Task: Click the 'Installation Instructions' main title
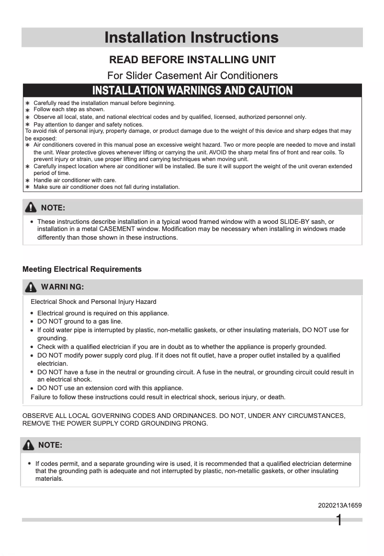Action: [192, 37]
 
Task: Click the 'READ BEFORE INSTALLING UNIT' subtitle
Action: [192, 60]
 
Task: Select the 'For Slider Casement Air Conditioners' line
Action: [192, 75]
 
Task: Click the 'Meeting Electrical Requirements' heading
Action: [82, 269]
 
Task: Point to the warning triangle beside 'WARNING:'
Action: [31, 287]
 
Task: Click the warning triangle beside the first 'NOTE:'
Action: [31, 208]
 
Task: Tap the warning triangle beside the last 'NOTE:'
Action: [29, 445]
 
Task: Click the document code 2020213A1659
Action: [339, 505]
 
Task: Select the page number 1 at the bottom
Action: [339, 520]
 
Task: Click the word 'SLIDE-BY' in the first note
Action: [294, 221]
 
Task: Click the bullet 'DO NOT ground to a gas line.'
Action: [79, 322]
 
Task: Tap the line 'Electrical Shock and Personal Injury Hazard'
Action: [93, 302]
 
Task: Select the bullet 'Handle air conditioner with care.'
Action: [75, 180]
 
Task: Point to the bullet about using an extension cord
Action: [110, 388]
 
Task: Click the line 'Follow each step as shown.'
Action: [69, 109]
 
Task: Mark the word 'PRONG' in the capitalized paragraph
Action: [196, 423]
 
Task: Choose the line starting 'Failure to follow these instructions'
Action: [158, 397]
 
